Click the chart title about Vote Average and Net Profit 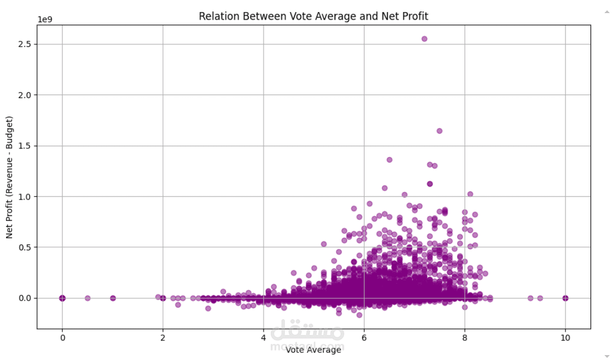pos(313,16)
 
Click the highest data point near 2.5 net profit pos(424,39)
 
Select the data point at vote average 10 pos(565,298)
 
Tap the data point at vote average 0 pos(62,298)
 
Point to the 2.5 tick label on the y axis pos(26,44)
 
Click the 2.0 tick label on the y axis pos(26,95)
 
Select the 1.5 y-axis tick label pos(26,146)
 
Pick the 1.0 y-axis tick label pos(26,196)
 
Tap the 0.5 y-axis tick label pos(26,247)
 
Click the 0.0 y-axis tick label pos(26,298)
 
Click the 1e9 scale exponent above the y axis pos(45,19)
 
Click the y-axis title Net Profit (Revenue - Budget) pos(9,177)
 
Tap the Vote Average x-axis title pos(313,350)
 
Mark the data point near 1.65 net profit pos(439,131)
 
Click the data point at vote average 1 pos(113,298)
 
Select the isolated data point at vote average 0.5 pos(87,298)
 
